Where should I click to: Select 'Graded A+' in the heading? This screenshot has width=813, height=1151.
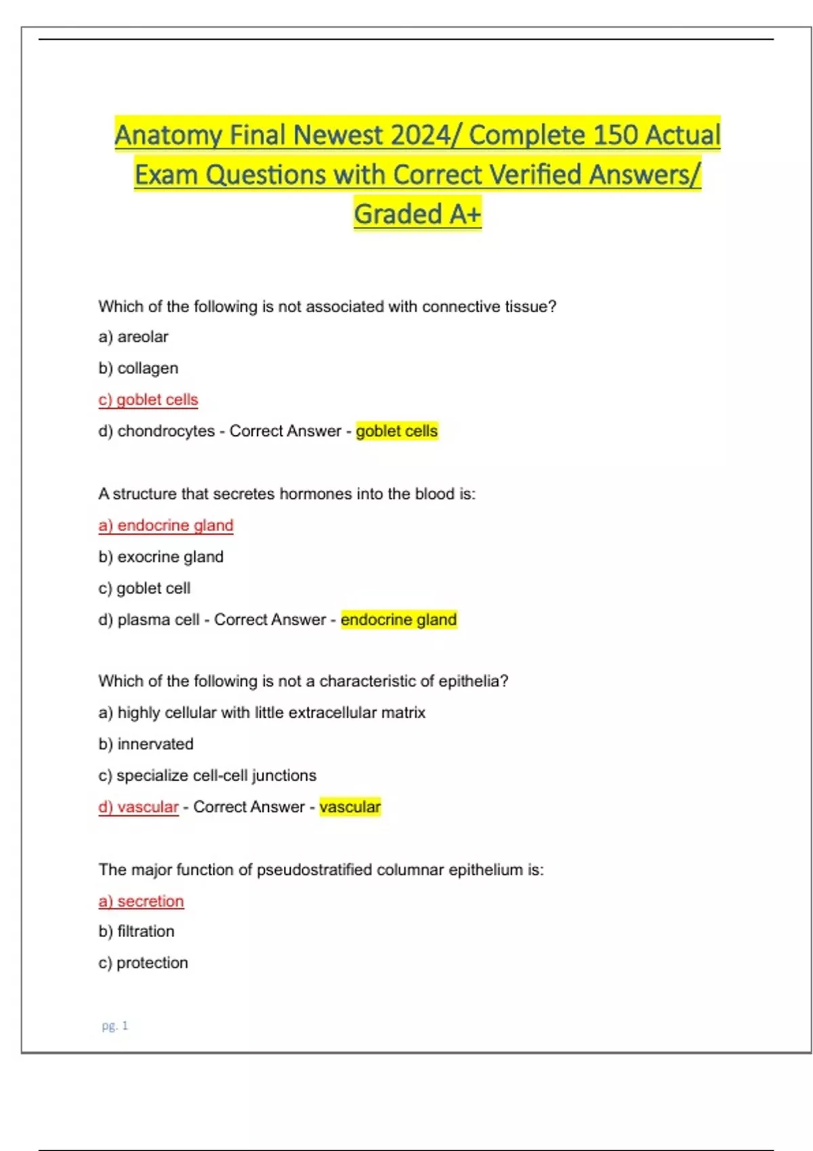coord(417,214)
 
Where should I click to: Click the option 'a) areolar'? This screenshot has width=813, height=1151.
coord(133,336)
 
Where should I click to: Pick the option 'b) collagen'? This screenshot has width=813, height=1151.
coord(138,368)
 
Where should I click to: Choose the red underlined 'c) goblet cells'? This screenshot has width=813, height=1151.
coord(148,399)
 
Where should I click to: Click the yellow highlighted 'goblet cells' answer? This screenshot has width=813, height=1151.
coord(397,431)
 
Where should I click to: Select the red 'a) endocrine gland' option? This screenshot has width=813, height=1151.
coord(166,525)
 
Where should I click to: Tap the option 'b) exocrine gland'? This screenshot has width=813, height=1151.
coord(161,557)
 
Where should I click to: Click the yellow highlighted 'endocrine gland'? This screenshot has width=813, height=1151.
coord(399,620)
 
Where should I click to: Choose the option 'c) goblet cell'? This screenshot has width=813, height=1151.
coord(144,588)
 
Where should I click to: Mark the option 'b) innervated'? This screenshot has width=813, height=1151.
coord(146,744)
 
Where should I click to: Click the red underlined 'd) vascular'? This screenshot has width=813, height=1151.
coord(138,807)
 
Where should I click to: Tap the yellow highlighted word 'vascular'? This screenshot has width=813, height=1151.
coord(350,807)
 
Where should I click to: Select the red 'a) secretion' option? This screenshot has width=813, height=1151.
coord(141,901)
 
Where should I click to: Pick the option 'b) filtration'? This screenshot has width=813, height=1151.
coord(136,932)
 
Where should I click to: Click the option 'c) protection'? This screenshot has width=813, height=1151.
coord(143,963)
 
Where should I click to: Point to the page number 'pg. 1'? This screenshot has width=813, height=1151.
coord(115,1026)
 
